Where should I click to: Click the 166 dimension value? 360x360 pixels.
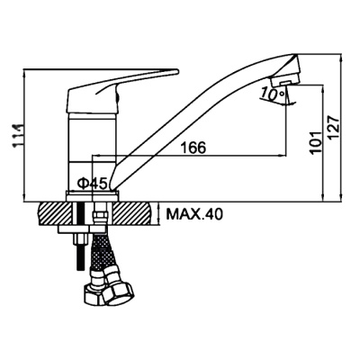click(x=193, y=148)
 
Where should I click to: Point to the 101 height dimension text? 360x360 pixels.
click(x=316, y=142)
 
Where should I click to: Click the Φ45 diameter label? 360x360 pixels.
click(x=93, y=184)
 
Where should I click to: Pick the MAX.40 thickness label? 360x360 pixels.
click(x=194, y=214)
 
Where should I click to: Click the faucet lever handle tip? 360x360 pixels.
click(x=177, y=71)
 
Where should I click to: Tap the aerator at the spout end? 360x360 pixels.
click(x=284, y=80)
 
